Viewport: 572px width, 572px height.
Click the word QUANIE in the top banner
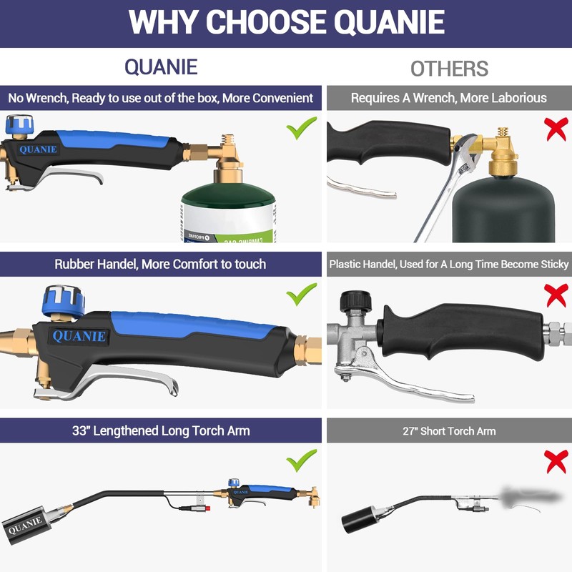coord(389,22)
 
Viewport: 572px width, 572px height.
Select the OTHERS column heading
coord(449,69)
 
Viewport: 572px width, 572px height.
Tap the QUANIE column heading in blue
coord(161,67)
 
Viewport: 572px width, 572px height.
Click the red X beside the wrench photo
coord(556,129)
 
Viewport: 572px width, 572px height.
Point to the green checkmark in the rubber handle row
coord(301,294)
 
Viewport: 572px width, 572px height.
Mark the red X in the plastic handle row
coord(556,295)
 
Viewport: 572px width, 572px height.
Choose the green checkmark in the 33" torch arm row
coord(301,460)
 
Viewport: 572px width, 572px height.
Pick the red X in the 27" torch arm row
coord(556,461)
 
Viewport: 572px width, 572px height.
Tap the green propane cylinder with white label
coord(229,213)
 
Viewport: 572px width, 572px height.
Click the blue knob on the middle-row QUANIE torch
coord(64,302)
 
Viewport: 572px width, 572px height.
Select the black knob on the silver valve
coord(355,302)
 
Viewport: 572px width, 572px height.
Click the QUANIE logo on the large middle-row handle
coord(79,336)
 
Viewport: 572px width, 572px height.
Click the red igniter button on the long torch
coord(207,508)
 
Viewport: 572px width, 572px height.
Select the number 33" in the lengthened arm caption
coord(80,430)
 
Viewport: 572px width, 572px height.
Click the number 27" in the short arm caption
coord(410,431)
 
